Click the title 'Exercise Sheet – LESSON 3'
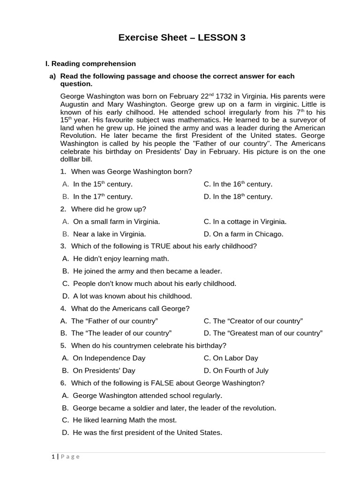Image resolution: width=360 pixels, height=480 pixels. coord(182,38)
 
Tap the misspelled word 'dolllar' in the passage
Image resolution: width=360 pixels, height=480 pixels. coord(72,160)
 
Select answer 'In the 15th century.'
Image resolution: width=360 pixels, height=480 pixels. coord(103,185)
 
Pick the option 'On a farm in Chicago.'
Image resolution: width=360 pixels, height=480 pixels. coord(243,234)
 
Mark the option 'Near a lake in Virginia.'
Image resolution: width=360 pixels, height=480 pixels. coord(109,234)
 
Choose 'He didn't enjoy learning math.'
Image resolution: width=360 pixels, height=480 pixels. coord(121,259)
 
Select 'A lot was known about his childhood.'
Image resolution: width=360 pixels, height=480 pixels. coord(132,296)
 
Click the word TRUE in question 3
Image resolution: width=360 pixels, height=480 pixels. coord(164,246)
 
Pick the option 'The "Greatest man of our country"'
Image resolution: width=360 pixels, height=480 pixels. coord(263,333)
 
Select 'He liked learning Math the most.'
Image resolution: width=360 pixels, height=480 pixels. coord(125,420)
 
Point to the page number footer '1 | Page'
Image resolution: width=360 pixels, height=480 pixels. coord(66,457)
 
